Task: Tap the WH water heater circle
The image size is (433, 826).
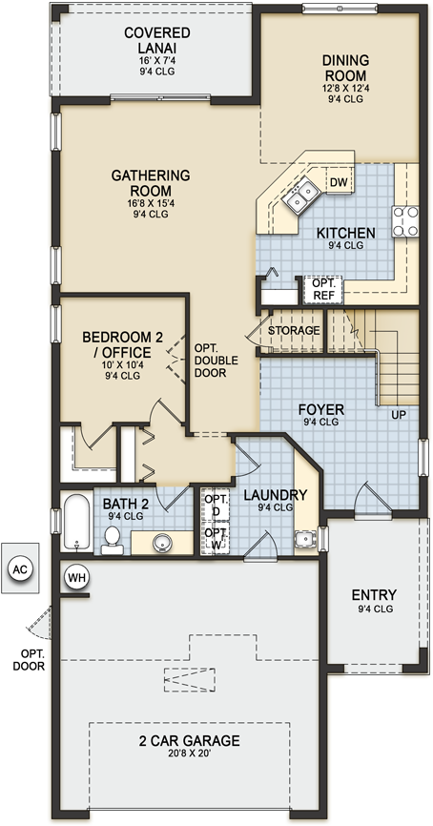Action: click(74, 576)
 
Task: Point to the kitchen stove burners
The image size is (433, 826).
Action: click(405, 220)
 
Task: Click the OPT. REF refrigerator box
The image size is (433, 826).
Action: click(317, 288)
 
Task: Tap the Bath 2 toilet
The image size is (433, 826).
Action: click(112, 539)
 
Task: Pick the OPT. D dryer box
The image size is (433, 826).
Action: click(216, 505)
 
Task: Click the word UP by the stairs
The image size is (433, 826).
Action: click(398, 415)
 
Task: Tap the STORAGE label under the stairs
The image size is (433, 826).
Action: click(292, 330)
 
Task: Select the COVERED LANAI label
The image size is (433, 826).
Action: click(157, 39)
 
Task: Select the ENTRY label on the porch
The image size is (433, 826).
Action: click(375, 595)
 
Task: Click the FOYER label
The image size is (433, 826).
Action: click(321, 410)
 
